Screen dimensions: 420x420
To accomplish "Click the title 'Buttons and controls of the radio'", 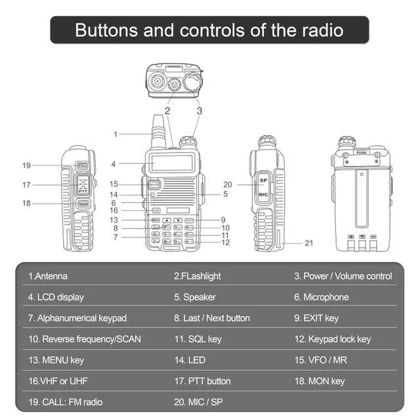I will [x=209, y=30].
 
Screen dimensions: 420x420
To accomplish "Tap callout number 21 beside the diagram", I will [x=308, y=243].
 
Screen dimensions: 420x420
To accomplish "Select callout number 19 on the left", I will [x=26, y=165].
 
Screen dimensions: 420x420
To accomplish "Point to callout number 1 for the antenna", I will [x=115, y=135].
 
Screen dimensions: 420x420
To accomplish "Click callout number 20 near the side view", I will [x=228, y=184].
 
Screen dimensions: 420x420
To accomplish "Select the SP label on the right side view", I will [x=262, y=180].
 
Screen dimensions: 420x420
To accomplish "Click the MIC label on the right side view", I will [x=262, y=195].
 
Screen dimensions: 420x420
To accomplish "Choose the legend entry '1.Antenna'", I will [x=48, y=276].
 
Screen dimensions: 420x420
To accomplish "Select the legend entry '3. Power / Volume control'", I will [x=343, y=276].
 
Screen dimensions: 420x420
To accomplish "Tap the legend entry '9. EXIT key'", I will [x=316, y=318].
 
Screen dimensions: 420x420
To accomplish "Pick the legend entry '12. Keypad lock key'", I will [x=332, y=339].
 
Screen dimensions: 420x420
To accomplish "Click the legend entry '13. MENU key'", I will [x=56, y=360].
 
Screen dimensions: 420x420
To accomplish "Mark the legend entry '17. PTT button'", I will [x=202, y=381].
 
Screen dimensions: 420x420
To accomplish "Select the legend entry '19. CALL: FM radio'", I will [x=65, y=402].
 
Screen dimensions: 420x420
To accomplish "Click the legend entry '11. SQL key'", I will [x=198, y=339].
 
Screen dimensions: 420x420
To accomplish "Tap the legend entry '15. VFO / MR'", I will [x=318, y=360].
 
